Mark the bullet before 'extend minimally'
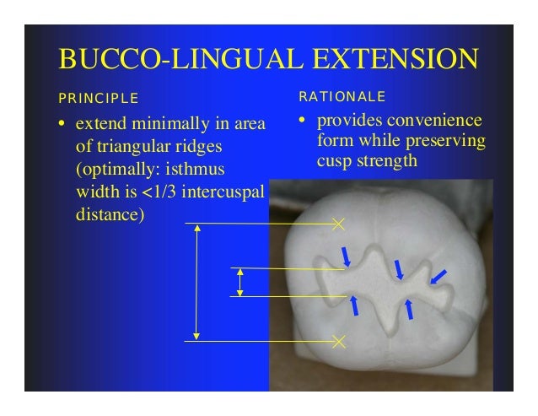click(x=62, y=127)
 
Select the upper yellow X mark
click(x=339, y=224)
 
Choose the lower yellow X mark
click(x=339, y=341)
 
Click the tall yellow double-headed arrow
click(x=196, y=282)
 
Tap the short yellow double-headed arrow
click(x=240, y=282)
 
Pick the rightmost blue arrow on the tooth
click(x=438, y=276)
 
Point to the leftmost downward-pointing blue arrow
click(x=347, y=257)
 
